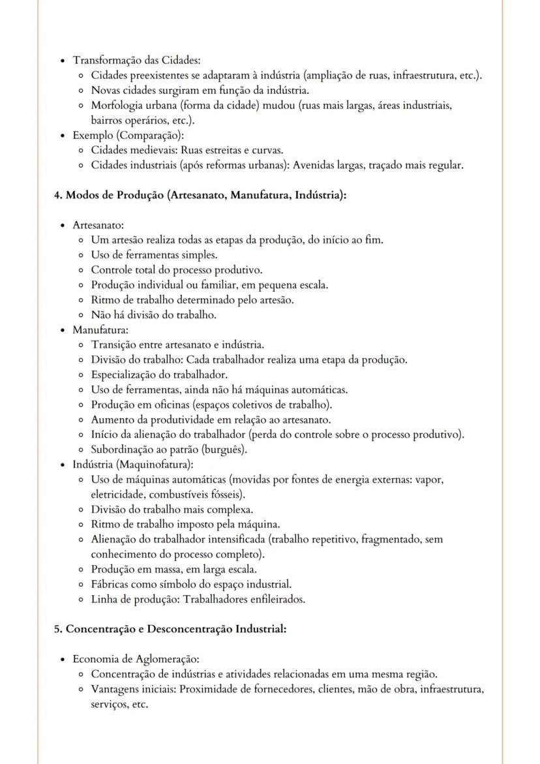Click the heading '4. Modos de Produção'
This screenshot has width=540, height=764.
[199, 195]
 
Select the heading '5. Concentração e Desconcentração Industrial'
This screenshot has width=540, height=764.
[170, 630]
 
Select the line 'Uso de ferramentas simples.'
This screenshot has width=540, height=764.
[154, 254]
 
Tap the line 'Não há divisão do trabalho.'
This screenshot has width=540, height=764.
[153, 314]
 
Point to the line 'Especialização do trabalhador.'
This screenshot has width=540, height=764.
[159, 374]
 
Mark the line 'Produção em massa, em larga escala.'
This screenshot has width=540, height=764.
[173, 569]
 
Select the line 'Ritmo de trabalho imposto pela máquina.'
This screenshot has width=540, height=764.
[185, 524]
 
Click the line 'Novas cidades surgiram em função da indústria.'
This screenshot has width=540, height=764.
[200, 90]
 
